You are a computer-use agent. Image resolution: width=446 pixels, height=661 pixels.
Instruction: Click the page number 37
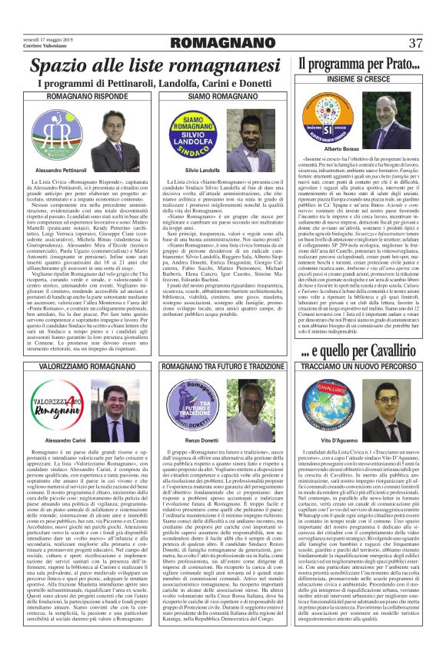[x=415, y=43]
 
